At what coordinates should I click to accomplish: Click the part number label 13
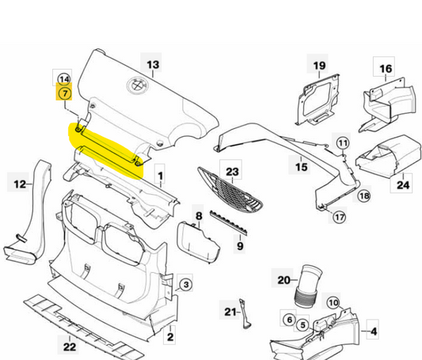[153, 63]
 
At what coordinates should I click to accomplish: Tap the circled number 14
[64, 79]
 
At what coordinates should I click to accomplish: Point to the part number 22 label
[70, 346]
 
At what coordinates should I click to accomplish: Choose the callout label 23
[232, 171]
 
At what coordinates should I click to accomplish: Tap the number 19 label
[319, 66]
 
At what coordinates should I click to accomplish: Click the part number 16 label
[385, 70]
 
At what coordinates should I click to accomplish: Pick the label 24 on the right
[401, 186]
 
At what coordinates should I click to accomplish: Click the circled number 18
[364, 195]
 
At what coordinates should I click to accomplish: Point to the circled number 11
[342, 142]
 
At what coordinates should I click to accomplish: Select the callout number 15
[302, 167]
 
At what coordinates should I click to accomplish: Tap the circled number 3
[185, 284]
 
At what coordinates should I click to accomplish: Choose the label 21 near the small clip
[230, 312]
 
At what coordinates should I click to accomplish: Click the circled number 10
[333, 303]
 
